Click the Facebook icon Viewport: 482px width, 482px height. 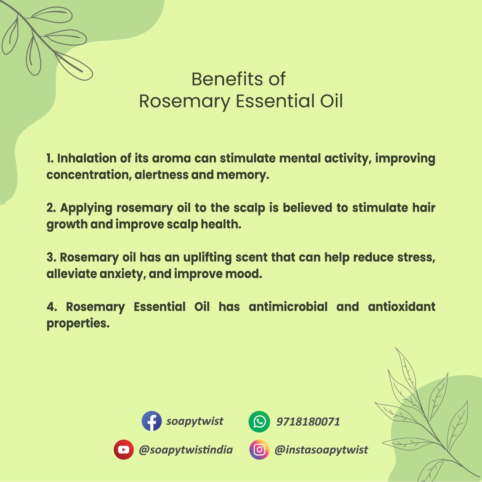coord(152,421)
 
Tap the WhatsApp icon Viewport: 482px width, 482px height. coord(259,421)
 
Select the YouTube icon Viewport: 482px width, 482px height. coord(124,449)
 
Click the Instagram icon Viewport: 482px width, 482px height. coord(259,449)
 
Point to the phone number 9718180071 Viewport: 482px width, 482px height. coord(308,422)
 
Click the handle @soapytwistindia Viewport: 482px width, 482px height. coord(186,450)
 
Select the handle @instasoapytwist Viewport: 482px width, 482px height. coord(321,450)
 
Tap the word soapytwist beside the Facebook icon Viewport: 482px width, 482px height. coord(195,421)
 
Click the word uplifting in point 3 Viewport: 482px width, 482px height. coord(207,258)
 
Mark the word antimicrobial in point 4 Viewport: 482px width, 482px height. coord(288,307)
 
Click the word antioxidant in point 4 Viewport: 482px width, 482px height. coord(401,307)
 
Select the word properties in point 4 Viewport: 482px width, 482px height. coord(78,324)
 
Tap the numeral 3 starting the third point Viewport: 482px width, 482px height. coord(51,258)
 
